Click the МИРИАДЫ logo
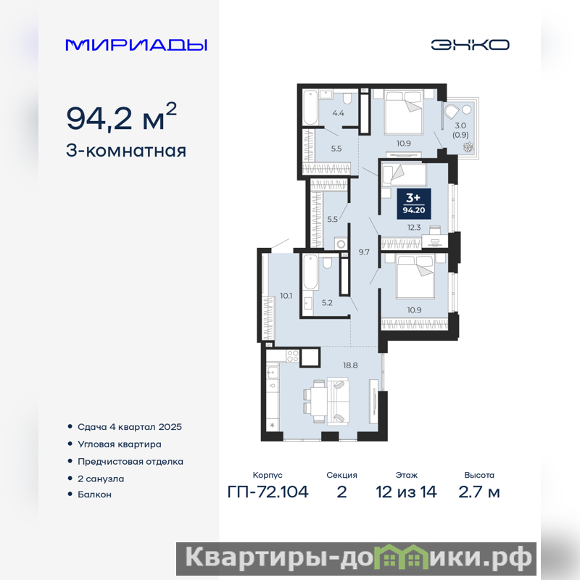point(136,45)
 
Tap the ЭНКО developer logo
point(470,45)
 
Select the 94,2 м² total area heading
point(121,117)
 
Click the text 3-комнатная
point(125,151)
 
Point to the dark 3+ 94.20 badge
point(414,203)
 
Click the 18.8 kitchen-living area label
point(350,365)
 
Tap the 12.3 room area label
point(414,228)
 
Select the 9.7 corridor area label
point(364,252)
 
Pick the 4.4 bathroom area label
point(338,113)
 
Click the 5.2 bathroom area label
point(327,303)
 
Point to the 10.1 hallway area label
point(286,296)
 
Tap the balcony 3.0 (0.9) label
point(460,130)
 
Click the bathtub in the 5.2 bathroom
point(311,272)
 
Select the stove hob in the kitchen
point(293,356)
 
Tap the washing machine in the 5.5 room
point(340,244)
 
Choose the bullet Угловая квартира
point(119,444)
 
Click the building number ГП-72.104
point(268,492)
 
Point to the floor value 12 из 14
point(406,492)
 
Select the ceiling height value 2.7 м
point(479,492)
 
